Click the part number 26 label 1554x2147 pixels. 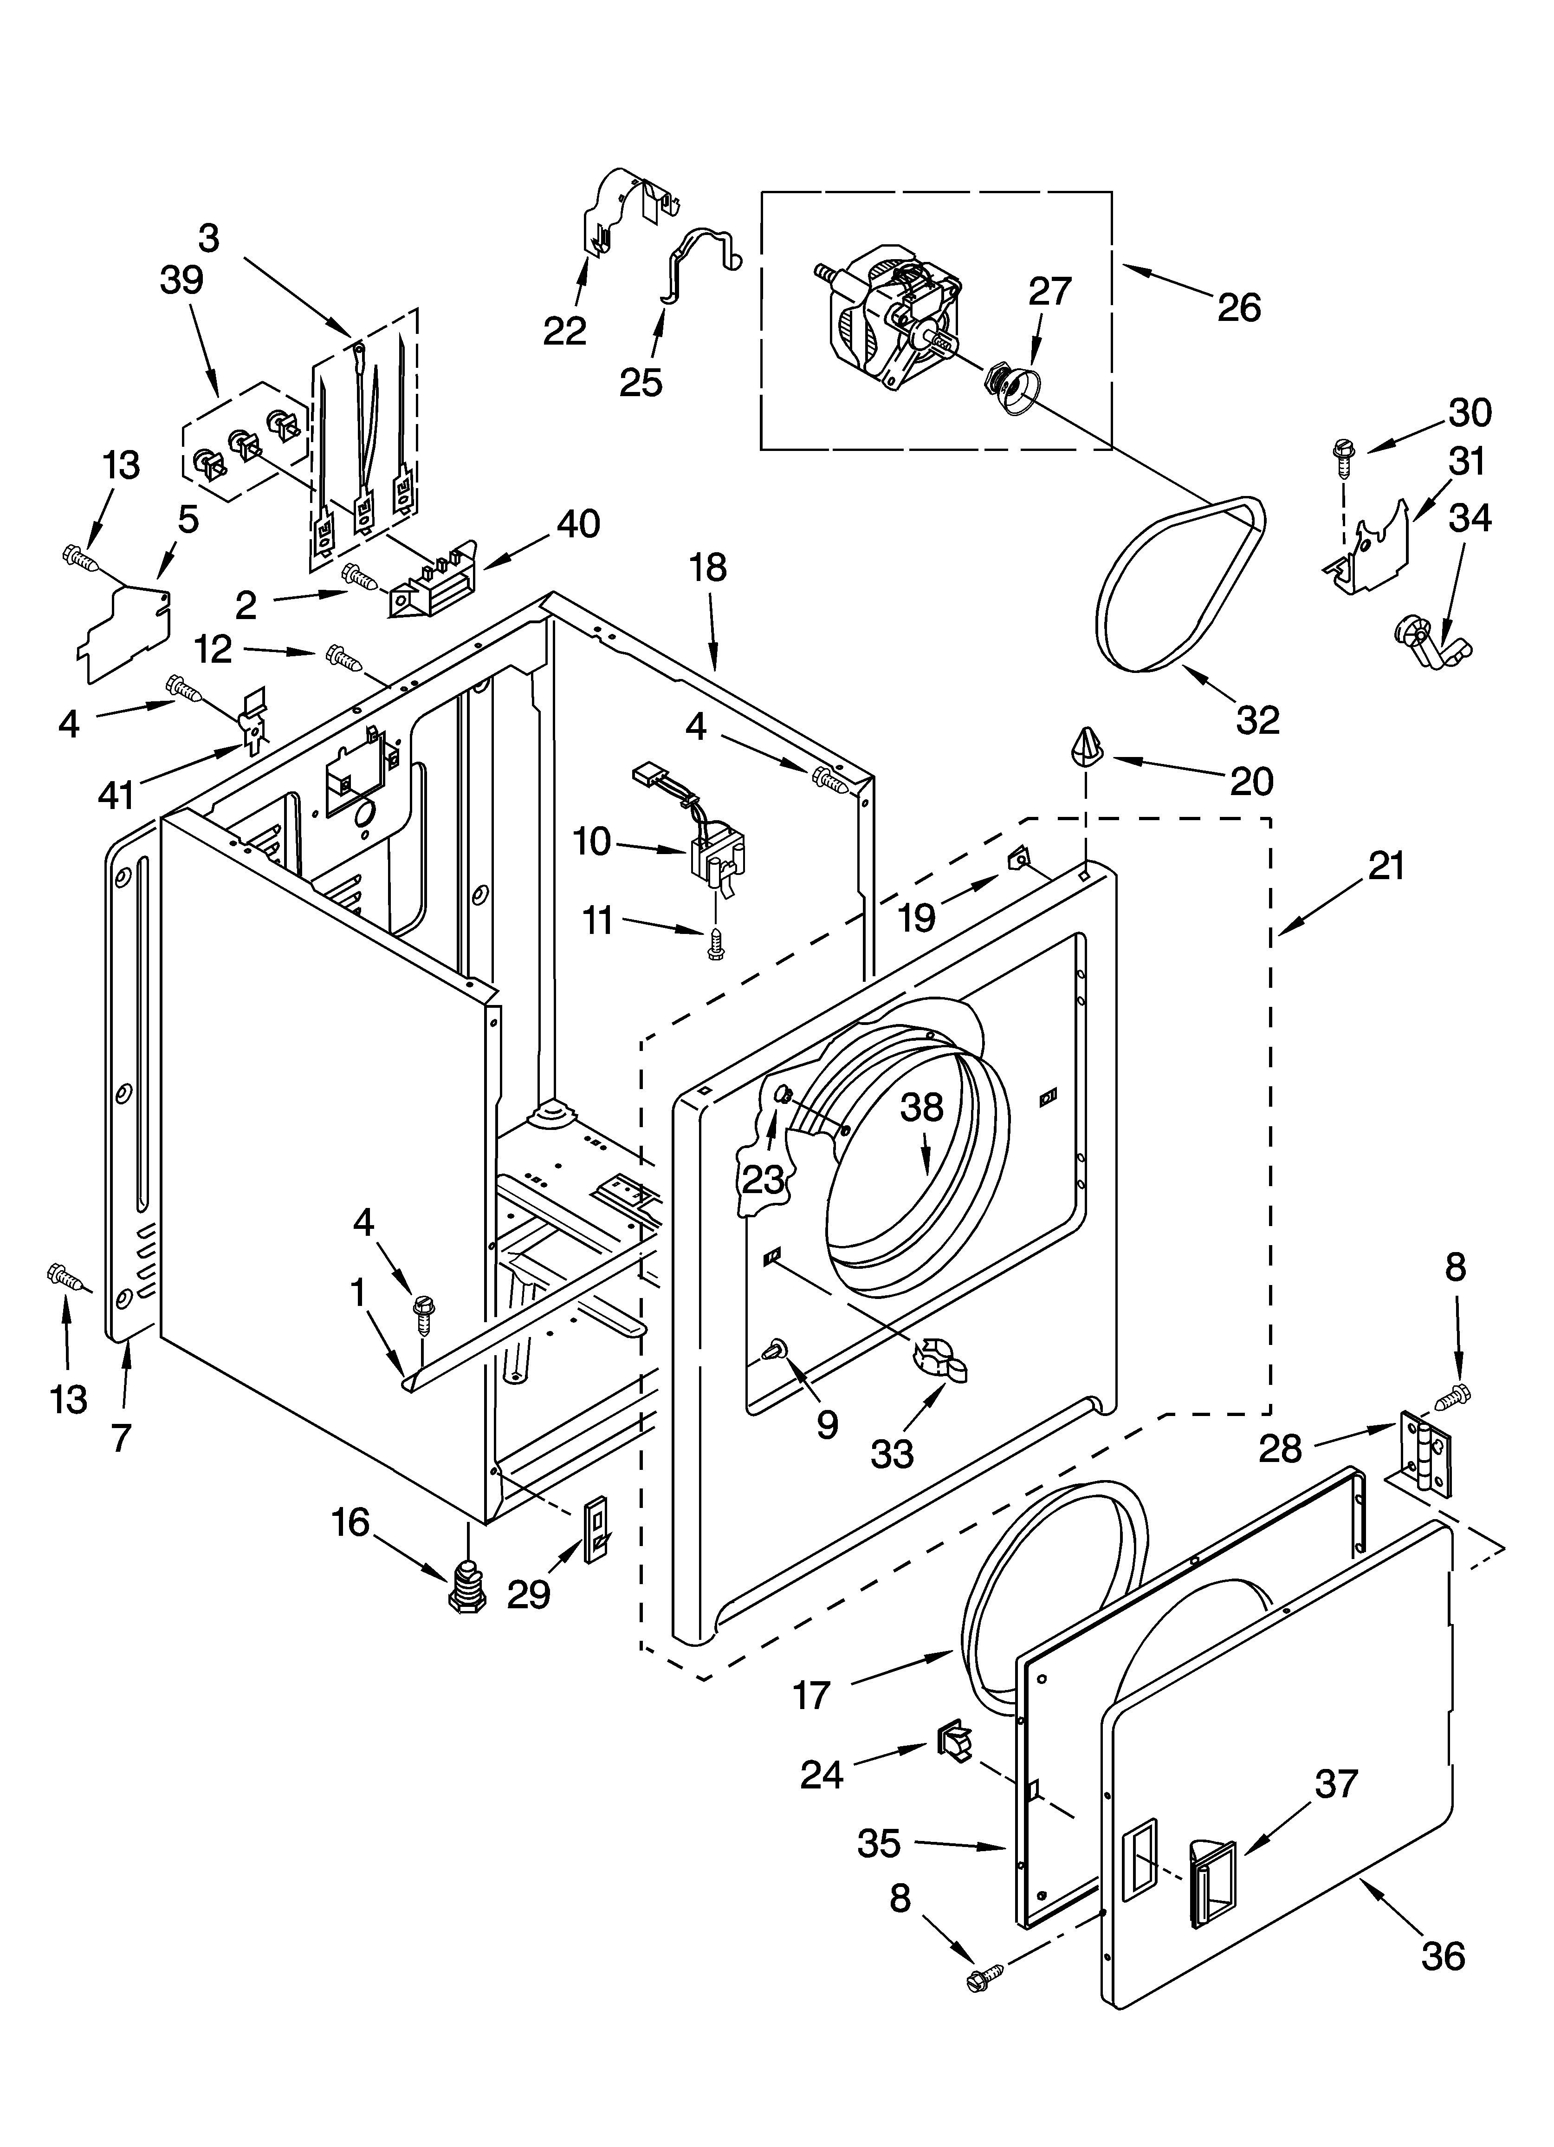click(x=1239, y=307)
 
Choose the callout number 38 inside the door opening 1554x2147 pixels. click(x=922, y=1108)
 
